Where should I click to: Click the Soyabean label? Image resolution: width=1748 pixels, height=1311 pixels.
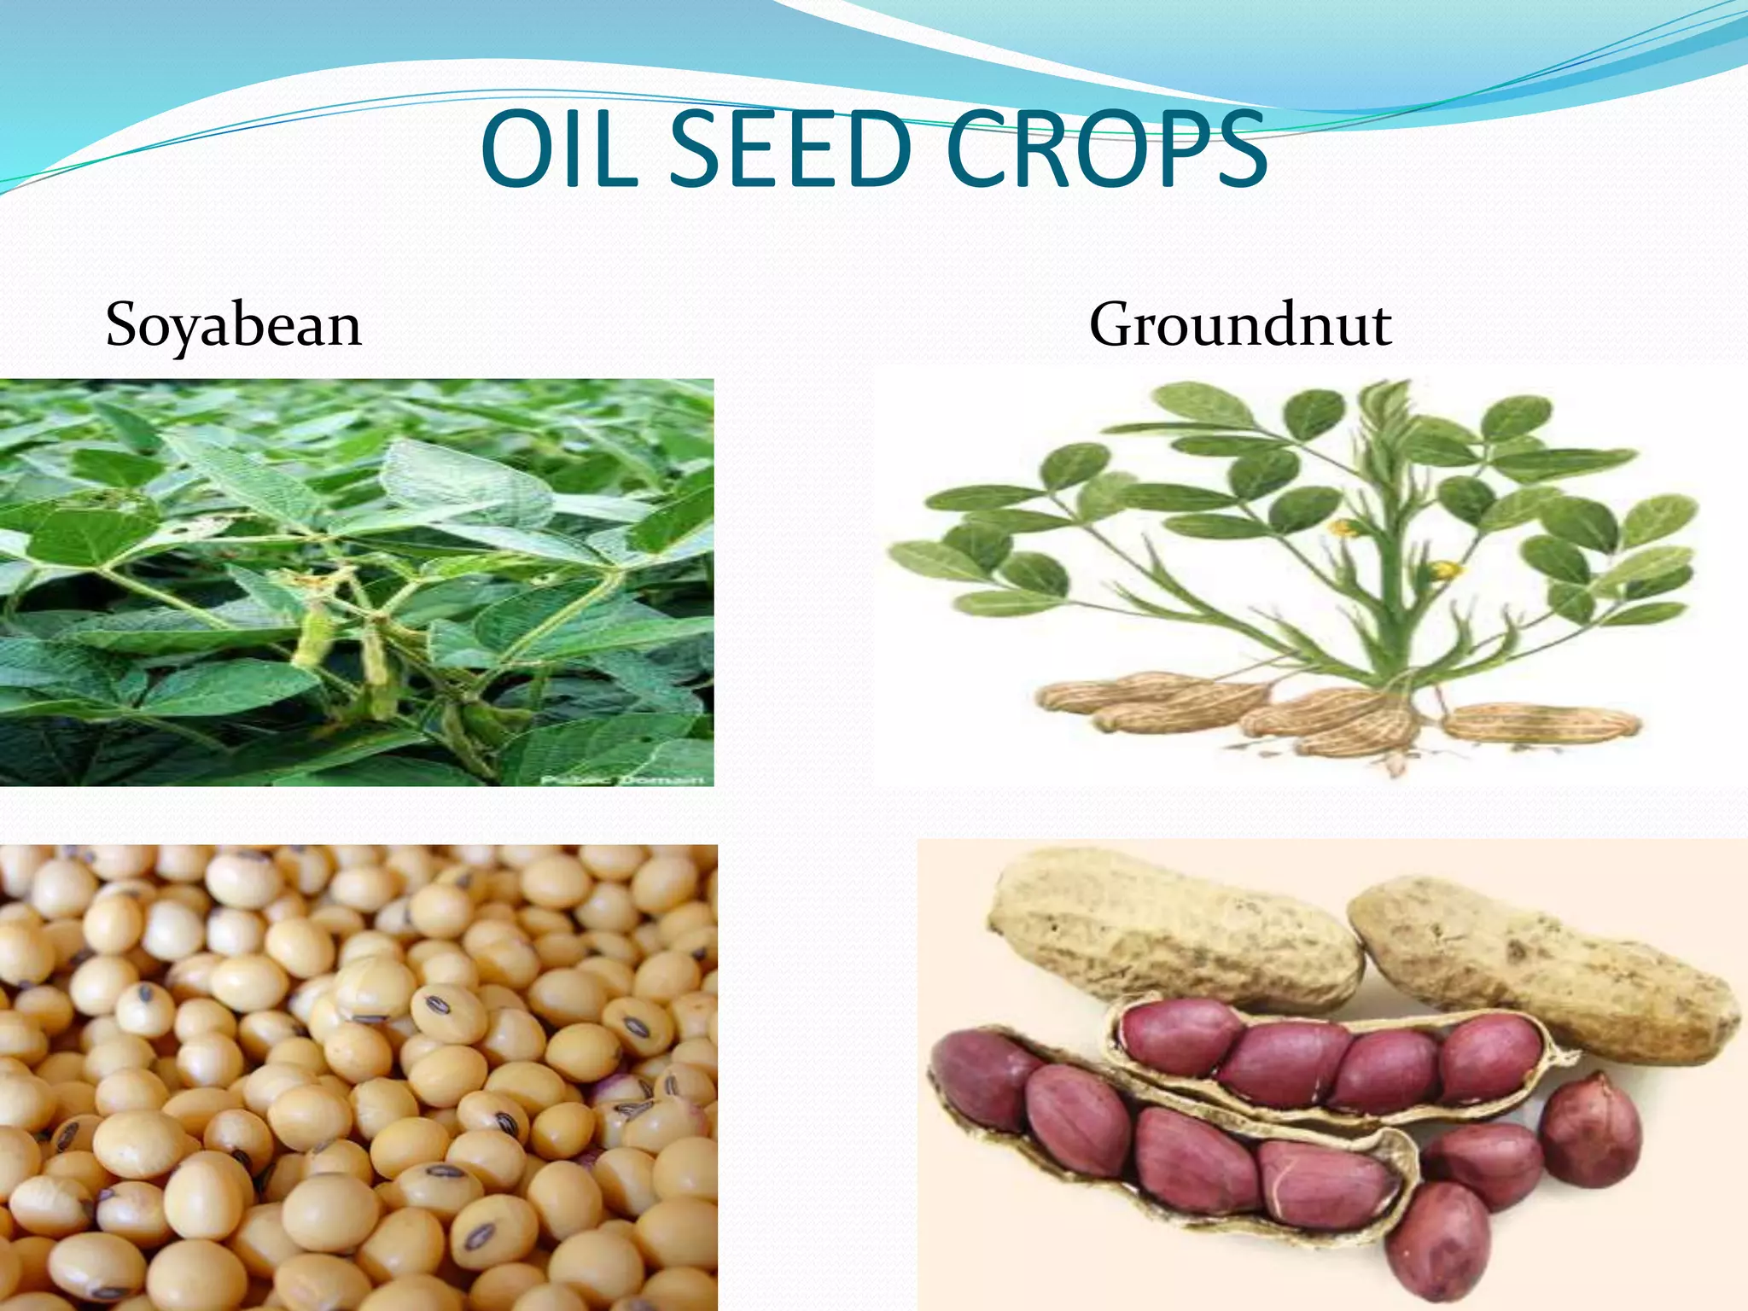(234, 325)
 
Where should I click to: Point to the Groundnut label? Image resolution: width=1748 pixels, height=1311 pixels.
(1240, 325)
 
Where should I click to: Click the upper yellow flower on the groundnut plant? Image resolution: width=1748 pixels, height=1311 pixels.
(1346, 528)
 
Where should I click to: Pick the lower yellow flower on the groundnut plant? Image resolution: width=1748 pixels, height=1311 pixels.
(1445, 569)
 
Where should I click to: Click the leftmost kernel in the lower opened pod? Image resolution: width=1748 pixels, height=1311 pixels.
(982, 1080)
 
